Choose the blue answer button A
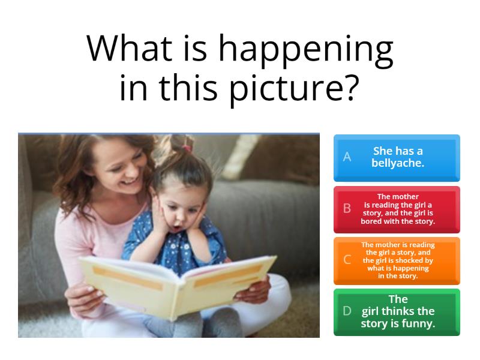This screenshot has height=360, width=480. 397,157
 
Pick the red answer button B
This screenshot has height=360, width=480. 397,209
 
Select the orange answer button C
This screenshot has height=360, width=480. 397,260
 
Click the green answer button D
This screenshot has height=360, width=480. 397,311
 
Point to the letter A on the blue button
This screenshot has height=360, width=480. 347,157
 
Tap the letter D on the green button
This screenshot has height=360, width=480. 347,311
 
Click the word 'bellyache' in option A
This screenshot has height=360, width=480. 397,163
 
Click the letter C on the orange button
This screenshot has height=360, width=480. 347,260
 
